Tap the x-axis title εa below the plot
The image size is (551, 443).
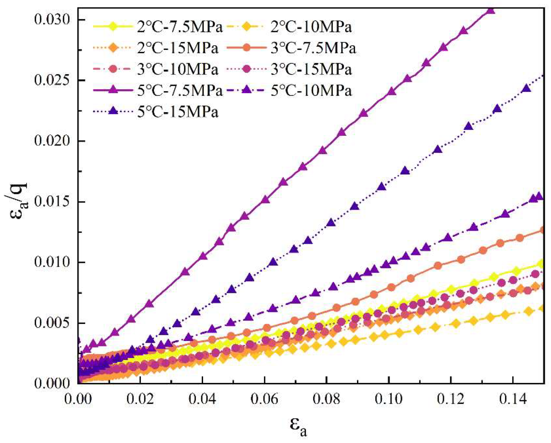tap(298, 427)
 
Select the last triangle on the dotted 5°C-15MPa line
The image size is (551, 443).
tap(526, 88)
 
